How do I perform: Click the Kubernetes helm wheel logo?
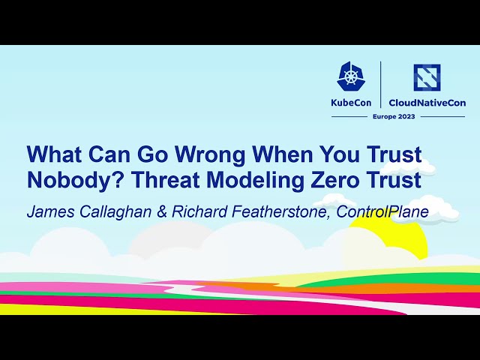[351, 76]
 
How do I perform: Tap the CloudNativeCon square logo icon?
[427, 76]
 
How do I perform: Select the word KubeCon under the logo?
[351, 103]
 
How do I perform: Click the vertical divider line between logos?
[381, 84]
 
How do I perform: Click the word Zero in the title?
[333, 181]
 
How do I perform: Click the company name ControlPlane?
[382, 212]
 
